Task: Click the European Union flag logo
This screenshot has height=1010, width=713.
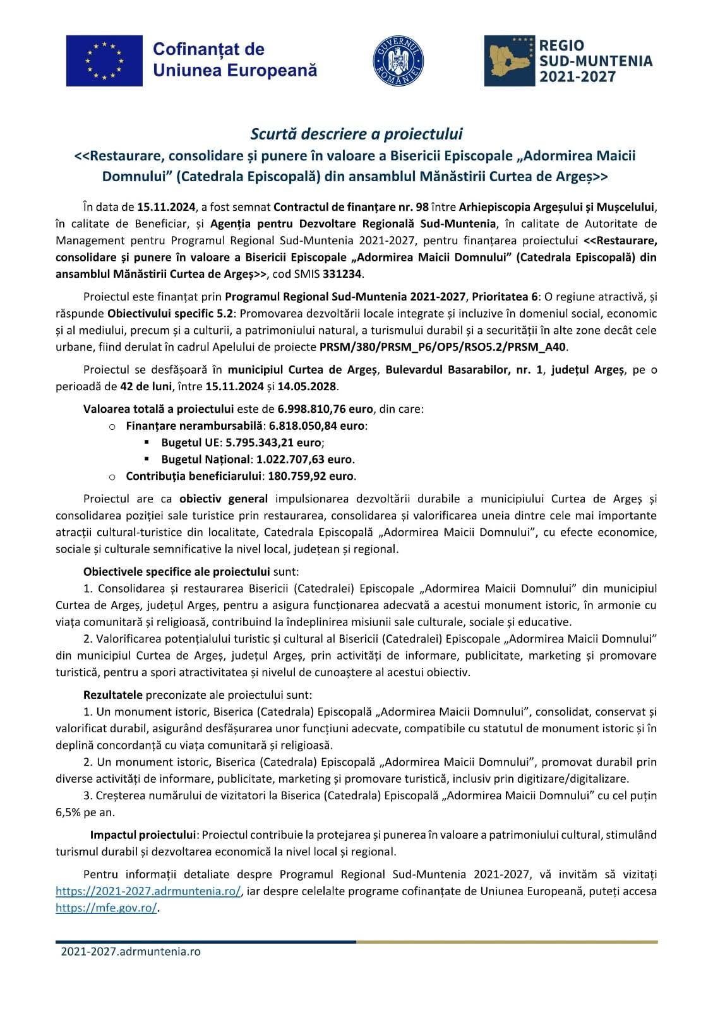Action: point(104,61)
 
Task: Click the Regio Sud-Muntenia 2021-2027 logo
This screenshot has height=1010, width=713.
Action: point(568,61)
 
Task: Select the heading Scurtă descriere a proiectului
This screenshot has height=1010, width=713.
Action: point(356,134)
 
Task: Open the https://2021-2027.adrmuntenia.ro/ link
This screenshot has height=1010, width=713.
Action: point(148,891)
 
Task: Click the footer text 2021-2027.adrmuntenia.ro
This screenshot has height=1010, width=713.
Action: point(130,951)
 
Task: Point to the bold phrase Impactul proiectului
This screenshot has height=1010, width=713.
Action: point(143,835)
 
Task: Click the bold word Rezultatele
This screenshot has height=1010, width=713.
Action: point(113,695)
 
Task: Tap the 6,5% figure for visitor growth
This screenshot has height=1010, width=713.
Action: point(68,812)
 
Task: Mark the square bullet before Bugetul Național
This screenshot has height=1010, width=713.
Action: point(147,459)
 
